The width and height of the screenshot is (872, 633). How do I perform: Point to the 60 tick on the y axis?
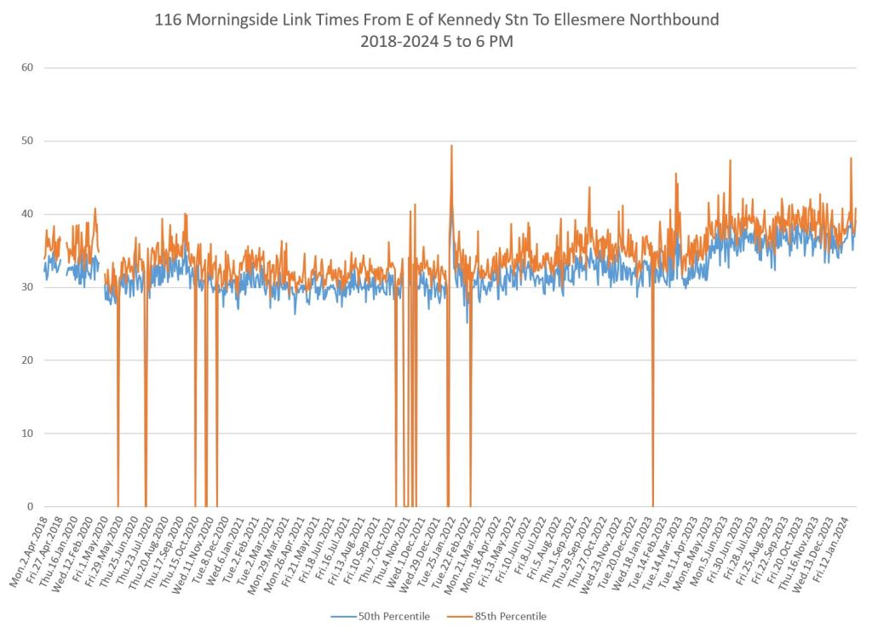click(26, 67)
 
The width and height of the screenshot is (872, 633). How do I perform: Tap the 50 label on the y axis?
click(26, 141)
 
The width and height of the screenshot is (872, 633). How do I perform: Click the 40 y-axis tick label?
click(26, 214)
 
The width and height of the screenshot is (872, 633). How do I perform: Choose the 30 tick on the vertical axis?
click(26, 287)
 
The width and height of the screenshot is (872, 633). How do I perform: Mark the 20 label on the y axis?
click(26, 360)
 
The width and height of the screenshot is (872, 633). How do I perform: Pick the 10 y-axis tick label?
click(26, 434)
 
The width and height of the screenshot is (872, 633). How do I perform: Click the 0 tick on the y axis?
click(29, 507)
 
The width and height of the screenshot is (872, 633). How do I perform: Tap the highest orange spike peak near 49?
click(451, 146)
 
